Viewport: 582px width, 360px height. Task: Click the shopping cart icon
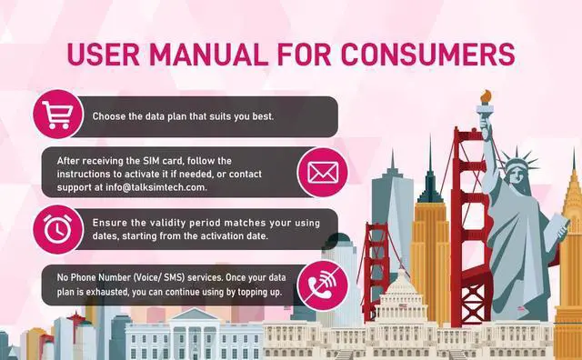pyautogui.click(x=54, y=116)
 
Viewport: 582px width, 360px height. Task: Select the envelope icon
pyautogui.click(x=321, y=171)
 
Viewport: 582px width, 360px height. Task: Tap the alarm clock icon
pyautogui.click(x=54, y=229)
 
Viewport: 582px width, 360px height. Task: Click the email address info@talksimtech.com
pyautogui.click(x=154, y=186)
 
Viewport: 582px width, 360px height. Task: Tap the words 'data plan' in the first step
pyautogui.click(x=177, y=116)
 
